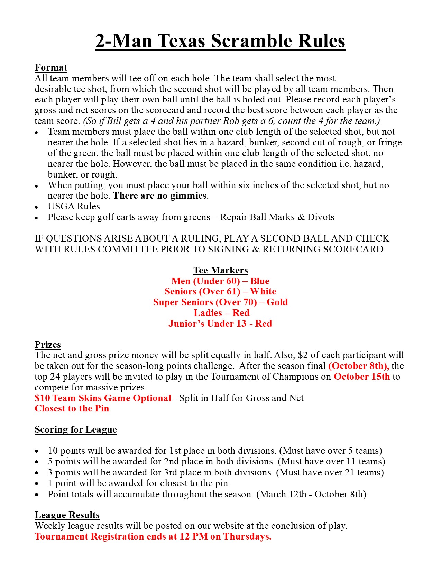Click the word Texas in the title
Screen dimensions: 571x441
[x=182, y=41]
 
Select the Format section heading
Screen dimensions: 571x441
[x=51, y=67]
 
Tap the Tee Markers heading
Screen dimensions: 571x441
[x=221, y=270]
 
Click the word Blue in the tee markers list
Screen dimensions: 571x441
[x=259, y=281]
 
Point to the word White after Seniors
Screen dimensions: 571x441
[x=263, y=291]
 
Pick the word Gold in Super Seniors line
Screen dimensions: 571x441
[x=277, y=302]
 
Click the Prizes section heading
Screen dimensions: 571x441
[x=48, y=345]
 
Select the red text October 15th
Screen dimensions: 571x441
[x=361, y=377]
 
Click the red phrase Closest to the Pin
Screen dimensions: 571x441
[x=72, y=409]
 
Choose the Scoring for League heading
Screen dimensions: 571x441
[x=76, y=429]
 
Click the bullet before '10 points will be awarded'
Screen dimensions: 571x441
[x=37, y=451]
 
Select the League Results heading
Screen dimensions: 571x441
[x=67, y=515]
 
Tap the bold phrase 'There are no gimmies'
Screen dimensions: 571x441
[x=160, y=196]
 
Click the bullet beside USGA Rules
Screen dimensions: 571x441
[x=37, y=207]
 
